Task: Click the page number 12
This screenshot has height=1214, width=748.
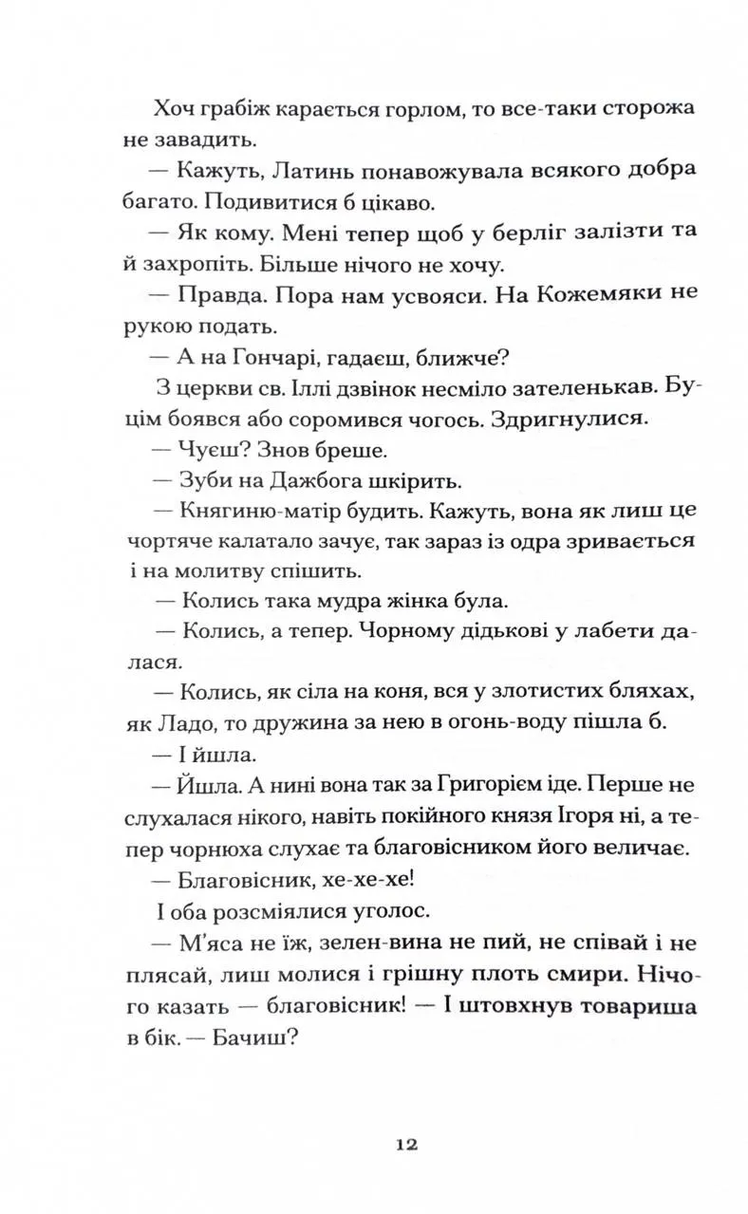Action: coord(407,1144)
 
